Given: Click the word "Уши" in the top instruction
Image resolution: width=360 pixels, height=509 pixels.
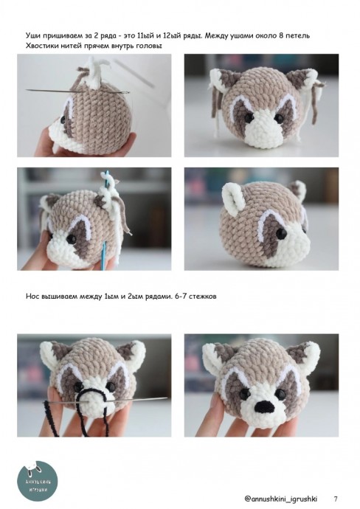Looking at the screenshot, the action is [32, 35].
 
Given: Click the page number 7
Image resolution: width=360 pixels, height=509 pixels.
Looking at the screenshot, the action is [336, 499].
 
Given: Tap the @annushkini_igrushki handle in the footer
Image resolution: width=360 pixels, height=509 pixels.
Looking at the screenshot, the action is [281, 499].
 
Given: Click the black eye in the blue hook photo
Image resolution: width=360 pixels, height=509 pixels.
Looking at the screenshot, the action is [70, 239].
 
